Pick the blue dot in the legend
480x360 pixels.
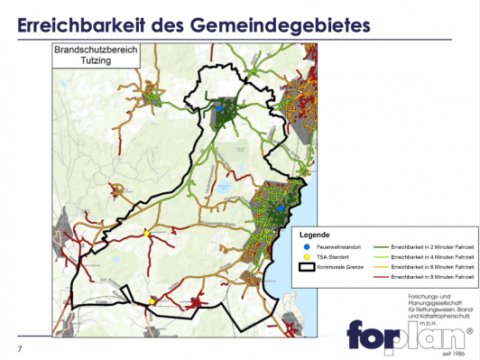[x=308, y=245]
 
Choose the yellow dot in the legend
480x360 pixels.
[x=308, y=256]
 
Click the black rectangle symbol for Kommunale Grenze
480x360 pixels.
[x=308, y=268]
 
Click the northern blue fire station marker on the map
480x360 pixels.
[x=217, y=106]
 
